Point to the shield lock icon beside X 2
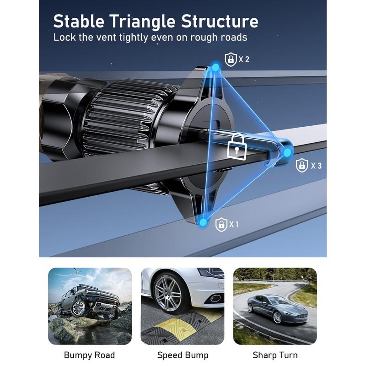[230, 59]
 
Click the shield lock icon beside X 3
[302, 165]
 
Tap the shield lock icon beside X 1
[221, 224]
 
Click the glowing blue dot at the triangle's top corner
[216, 68]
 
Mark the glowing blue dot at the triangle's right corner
[288, 153]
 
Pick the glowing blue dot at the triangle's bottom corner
[203, 223]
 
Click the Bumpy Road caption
[89, 355]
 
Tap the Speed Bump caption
[183, 355]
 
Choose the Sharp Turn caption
[275, 355]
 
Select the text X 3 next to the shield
[316, 165]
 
